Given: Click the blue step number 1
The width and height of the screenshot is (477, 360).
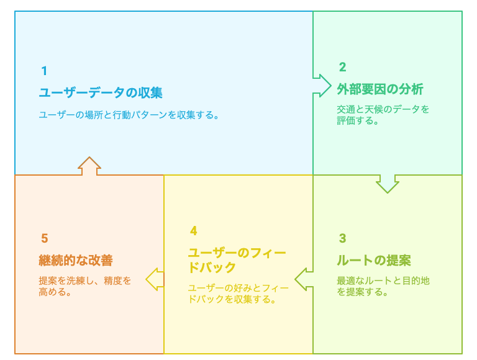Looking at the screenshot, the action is pyautogui.click(x=45, y=71).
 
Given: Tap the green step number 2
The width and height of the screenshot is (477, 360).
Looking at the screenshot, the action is pyautogui.click(x=343, y=67).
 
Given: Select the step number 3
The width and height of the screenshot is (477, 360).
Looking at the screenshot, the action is pyautogui.click(x=343, y=238).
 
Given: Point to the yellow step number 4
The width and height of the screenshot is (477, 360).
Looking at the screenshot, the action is pyautogui.click(x=194, y=231).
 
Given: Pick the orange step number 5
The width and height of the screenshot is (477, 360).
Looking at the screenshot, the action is pyautogui.click(x=45, y=238).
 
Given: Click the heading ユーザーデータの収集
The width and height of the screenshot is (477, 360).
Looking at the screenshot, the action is pyautogui.click(x=101, y=92).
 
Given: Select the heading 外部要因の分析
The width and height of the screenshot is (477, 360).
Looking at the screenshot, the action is pyautogui.click(x=380, y=89).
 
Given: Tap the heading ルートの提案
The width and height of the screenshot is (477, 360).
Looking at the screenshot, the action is pyautogui.click(x=374, y=260).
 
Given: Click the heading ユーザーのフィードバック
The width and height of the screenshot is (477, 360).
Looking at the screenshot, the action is pyautogui.click(x=237, y=260).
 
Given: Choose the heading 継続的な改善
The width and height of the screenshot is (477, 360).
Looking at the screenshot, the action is pyautogui.click(x=76, y=260).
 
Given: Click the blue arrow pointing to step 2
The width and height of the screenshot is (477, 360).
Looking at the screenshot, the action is pyautogui.click(x=322, y=86).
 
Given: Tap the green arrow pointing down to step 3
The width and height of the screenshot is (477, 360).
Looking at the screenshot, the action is pyautogui.click(x=388, y=184).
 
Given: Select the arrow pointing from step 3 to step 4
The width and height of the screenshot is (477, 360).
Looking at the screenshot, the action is pyautogui.click(x=304, y=279).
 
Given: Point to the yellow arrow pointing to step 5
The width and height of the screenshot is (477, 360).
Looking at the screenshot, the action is pyautogui.click(x=155, y=279).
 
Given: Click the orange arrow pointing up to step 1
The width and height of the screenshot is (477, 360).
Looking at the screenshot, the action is pyautogui.click(x=89, y=166).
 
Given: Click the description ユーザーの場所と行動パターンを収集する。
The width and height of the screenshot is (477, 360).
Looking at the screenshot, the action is pyautogui.click(x=129, y=115).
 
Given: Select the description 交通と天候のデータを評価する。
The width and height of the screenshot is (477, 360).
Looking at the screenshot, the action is pyautogui.click(x=383, y=115).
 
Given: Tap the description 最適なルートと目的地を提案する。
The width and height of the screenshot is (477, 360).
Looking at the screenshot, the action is pyautogui.click(x=383, y=286).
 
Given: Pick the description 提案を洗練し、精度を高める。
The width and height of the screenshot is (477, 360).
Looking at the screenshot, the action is pyautogui.click(x=85, y=286).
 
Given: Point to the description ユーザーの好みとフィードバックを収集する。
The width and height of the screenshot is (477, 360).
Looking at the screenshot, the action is pyautogui.click(x=238, y=294).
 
